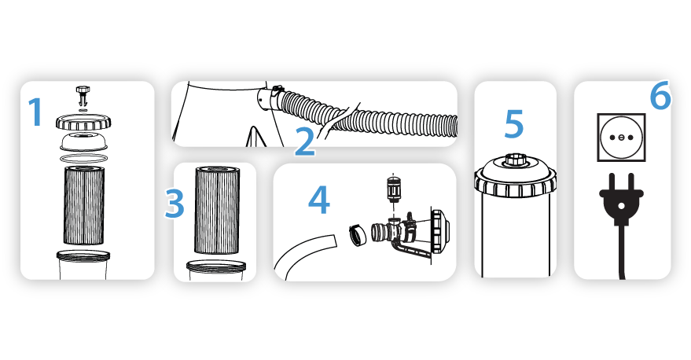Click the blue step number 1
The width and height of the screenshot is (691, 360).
click(36, 112)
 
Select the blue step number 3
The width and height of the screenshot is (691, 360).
click(175, 203)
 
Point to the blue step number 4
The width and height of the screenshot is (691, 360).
click(318, 200)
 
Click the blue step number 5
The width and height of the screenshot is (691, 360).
click(514, 124)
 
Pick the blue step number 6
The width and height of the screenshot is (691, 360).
click(660, 95)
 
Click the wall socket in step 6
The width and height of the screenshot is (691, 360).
click(621, 137)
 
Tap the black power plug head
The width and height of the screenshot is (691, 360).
click(621, 199)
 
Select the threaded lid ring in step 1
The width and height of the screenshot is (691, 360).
click(83, 122)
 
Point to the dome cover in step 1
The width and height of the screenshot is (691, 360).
click(83, 141)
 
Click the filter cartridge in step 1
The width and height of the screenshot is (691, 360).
click(84, 205)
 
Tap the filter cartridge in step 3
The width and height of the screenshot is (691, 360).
click(217, 210)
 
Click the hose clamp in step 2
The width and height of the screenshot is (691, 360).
click(276, 94)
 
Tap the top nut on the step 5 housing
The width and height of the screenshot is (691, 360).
click(515, 159)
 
